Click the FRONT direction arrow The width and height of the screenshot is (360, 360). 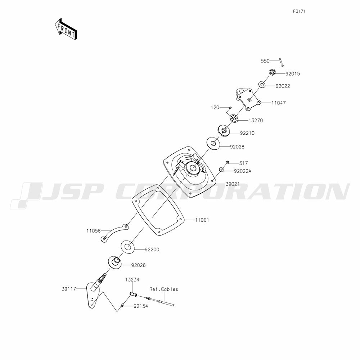pos(66,29)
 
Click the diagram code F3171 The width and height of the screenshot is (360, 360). pos(299,11)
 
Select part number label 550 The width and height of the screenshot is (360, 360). pos(265,61)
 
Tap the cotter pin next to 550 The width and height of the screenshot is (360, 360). pos(282,62)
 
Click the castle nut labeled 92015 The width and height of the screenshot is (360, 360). pos(272,72)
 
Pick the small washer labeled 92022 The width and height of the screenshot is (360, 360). pos(262,85)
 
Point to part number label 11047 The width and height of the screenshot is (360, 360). pos(279,103)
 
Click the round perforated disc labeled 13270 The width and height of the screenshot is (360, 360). pos(234,118)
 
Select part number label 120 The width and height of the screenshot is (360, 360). pos(215,107)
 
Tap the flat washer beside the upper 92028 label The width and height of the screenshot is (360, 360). pos(213,144)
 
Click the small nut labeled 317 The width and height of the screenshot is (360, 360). pos(228,162)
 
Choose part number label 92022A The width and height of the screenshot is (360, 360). pos(243,171)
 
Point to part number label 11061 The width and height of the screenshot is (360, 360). pos(202,220)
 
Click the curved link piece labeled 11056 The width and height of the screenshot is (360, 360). pos(114,232)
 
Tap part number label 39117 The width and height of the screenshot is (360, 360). pos(69,289)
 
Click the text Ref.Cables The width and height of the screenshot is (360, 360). pos(164,289)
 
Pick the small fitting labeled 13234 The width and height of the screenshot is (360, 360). pos(133,294)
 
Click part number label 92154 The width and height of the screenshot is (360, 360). pos(141,306)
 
